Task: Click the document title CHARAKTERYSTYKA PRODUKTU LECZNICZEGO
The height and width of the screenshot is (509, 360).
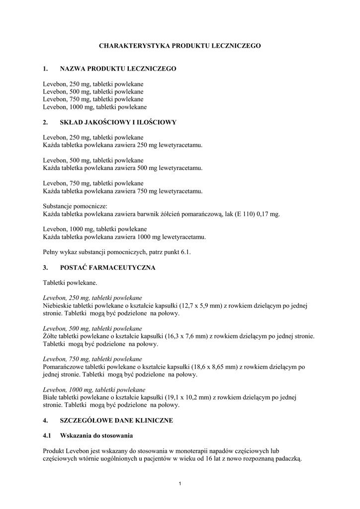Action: [x=180, y=45]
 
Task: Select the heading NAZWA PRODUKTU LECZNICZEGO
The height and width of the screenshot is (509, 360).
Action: [x=118, y=69]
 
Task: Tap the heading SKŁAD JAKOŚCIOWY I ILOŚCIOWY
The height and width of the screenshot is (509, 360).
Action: [x=118, y=122]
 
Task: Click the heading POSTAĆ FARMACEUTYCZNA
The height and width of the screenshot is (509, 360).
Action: [x=107, y=267]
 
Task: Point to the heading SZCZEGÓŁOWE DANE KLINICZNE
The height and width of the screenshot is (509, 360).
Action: [x=116, y=420]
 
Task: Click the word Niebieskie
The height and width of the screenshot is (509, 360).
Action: [x=58, y=306]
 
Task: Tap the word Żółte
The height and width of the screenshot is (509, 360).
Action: [x=51, y=337]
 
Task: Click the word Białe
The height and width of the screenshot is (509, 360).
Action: [x=50, y=397]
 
